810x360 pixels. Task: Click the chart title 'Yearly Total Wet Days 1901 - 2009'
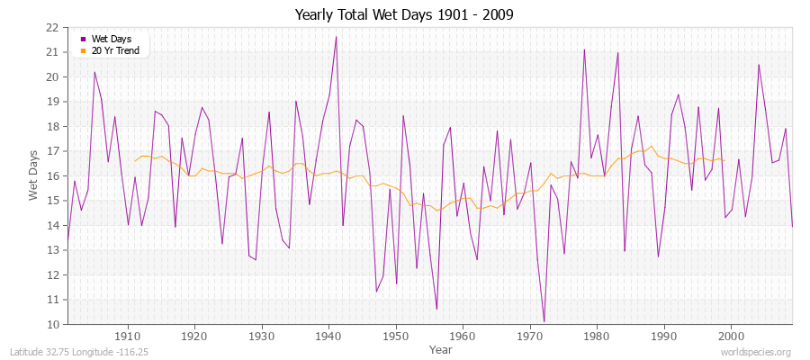pyautogui.click(x=404, y=15)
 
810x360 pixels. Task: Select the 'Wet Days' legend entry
pyautogui.click(x=110, y=40)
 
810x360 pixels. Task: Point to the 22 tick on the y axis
pyautogui.click(x=52, y=27)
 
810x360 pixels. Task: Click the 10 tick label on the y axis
pyautogui.click(x=52, y=324)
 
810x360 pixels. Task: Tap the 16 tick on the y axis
pyautogui.click(x=52, y=175)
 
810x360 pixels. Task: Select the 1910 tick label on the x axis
pyautogui.click(x=128, y=337)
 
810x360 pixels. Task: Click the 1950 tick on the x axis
pyautogui.click(x=395, y=337)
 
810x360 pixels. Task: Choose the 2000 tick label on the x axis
pyautogui.click(x=730, y=337)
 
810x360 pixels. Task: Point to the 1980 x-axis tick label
pyautogui.click(x=596, y=337)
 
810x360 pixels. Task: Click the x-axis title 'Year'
pyautogui.click(x=441, y=349)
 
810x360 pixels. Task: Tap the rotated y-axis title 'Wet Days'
pyautogui.click(x=33, y=175)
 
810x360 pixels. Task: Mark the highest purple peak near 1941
pyautogui.click(x=336, y=37)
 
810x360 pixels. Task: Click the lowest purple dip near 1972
pyautogui.click(x=544, y=321)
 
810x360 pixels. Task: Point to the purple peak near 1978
pyautogui.click(x=584, y=49)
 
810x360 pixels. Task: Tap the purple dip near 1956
pyautogui.click(x=436, y=309)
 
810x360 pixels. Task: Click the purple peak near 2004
pyautogui.click(x=759, y=65)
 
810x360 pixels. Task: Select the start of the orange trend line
pyautogui.click(x=135, y=161)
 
